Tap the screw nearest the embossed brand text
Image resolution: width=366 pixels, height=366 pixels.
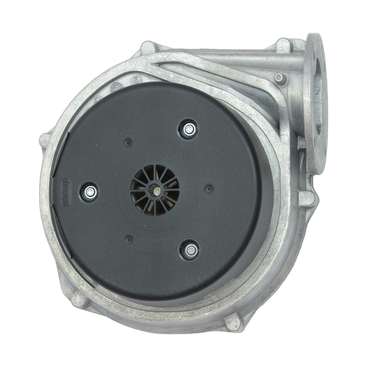[91, 192]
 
